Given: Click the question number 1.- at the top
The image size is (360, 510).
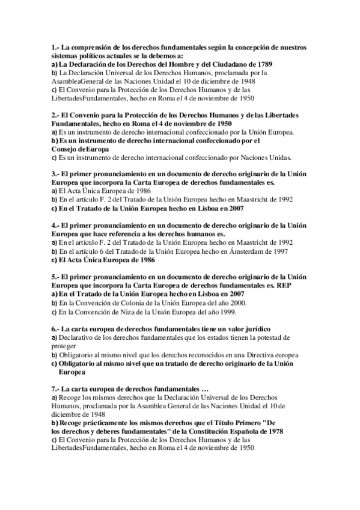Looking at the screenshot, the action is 55,47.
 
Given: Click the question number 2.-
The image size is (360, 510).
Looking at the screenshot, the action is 55,115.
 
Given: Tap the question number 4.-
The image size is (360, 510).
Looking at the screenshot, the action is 55,226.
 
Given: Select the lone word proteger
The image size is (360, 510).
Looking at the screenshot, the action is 64,346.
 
